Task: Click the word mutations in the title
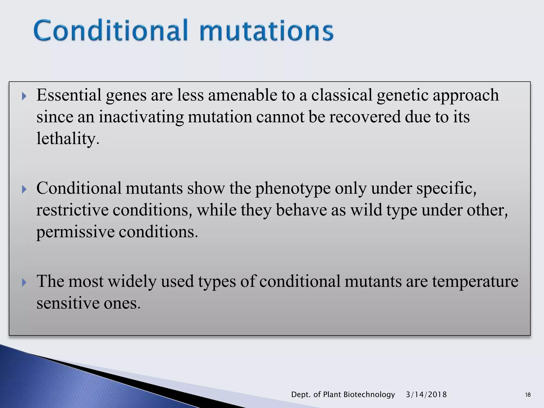point(266,31)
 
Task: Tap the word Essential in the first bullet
point(69,95)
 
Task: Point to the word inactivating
point(141,117)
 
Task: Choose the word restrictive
point(72,210)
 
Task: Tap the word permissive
point(75,232)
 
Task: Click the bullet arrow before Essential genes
point(24,96)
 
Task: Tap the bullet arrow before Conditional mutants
point(24,189)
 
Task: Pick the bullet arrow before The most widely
point(24,282)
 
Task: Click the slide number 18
point(528,395)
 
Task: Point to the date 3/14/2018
point(426,394)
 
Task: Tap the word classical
point(342,95)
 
